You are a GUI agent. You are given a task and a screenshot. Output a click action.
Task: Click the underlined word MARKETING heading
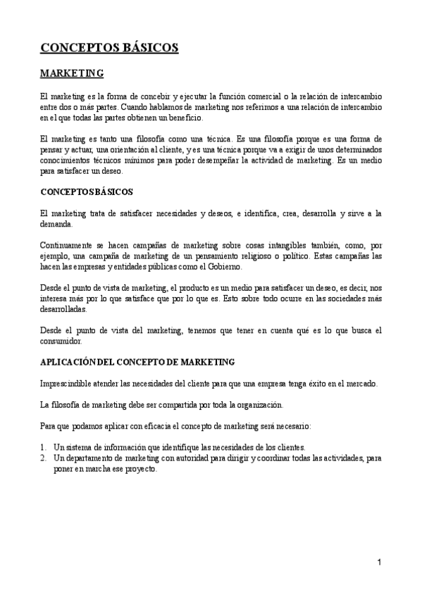72,73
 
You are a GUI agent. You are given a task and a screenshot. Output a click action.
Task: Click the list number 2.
43,458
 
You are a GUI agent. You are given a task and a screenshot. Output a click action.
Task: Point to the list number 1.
43,447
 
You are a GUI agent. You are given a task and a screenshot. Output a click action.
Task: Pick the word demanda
57,225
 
